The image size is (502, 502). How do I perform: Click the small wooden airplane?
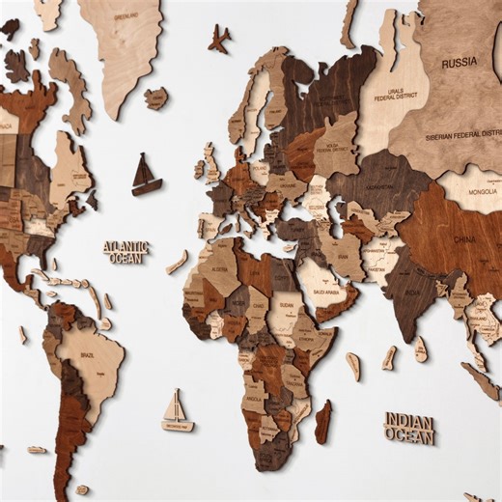pos(219,40)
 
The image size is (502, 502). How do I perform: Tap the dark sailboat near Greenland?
pos(146,175)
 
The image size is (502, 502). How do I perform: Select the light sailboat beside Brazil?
pos(177,411)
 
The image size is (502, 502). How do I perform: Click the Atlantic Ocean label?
pos(126,252)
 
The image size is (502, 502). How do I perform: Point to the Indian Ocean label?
pos(409,427)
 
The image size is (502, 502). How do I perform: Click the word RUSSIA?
pos(460,64)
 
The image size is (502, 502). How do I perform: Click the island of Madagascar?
pos(322,422)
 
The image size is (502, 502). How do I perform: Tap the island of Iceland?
pos(155,98)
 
